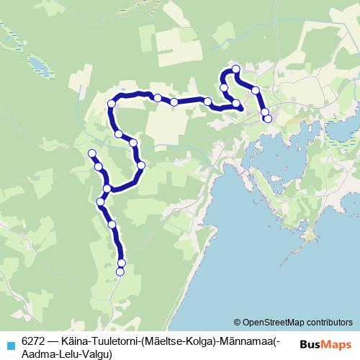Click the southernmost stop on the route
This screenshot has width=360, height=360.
120,271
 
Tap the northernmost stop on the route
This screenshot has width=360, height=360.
236,69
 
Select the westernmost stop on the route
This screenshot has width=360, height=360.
91,153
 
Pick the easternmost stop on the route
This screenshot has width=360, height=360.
268,119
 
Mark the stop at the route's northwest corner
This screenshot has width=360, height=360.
112,104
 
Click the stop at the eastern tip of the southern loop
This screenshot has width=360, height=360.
141,166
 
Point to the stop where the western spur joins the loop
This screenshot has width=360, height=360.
107,189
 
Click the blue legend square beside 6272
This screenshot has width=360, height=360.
10,344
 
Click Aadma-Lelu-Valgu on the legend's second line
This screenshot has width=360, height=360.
65,354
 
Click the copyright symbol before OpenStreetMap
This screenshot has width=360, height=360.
238,322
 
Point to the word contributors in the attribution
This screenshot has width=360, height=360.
328,322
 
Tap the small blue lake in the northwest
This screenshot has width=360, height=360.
40,68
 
